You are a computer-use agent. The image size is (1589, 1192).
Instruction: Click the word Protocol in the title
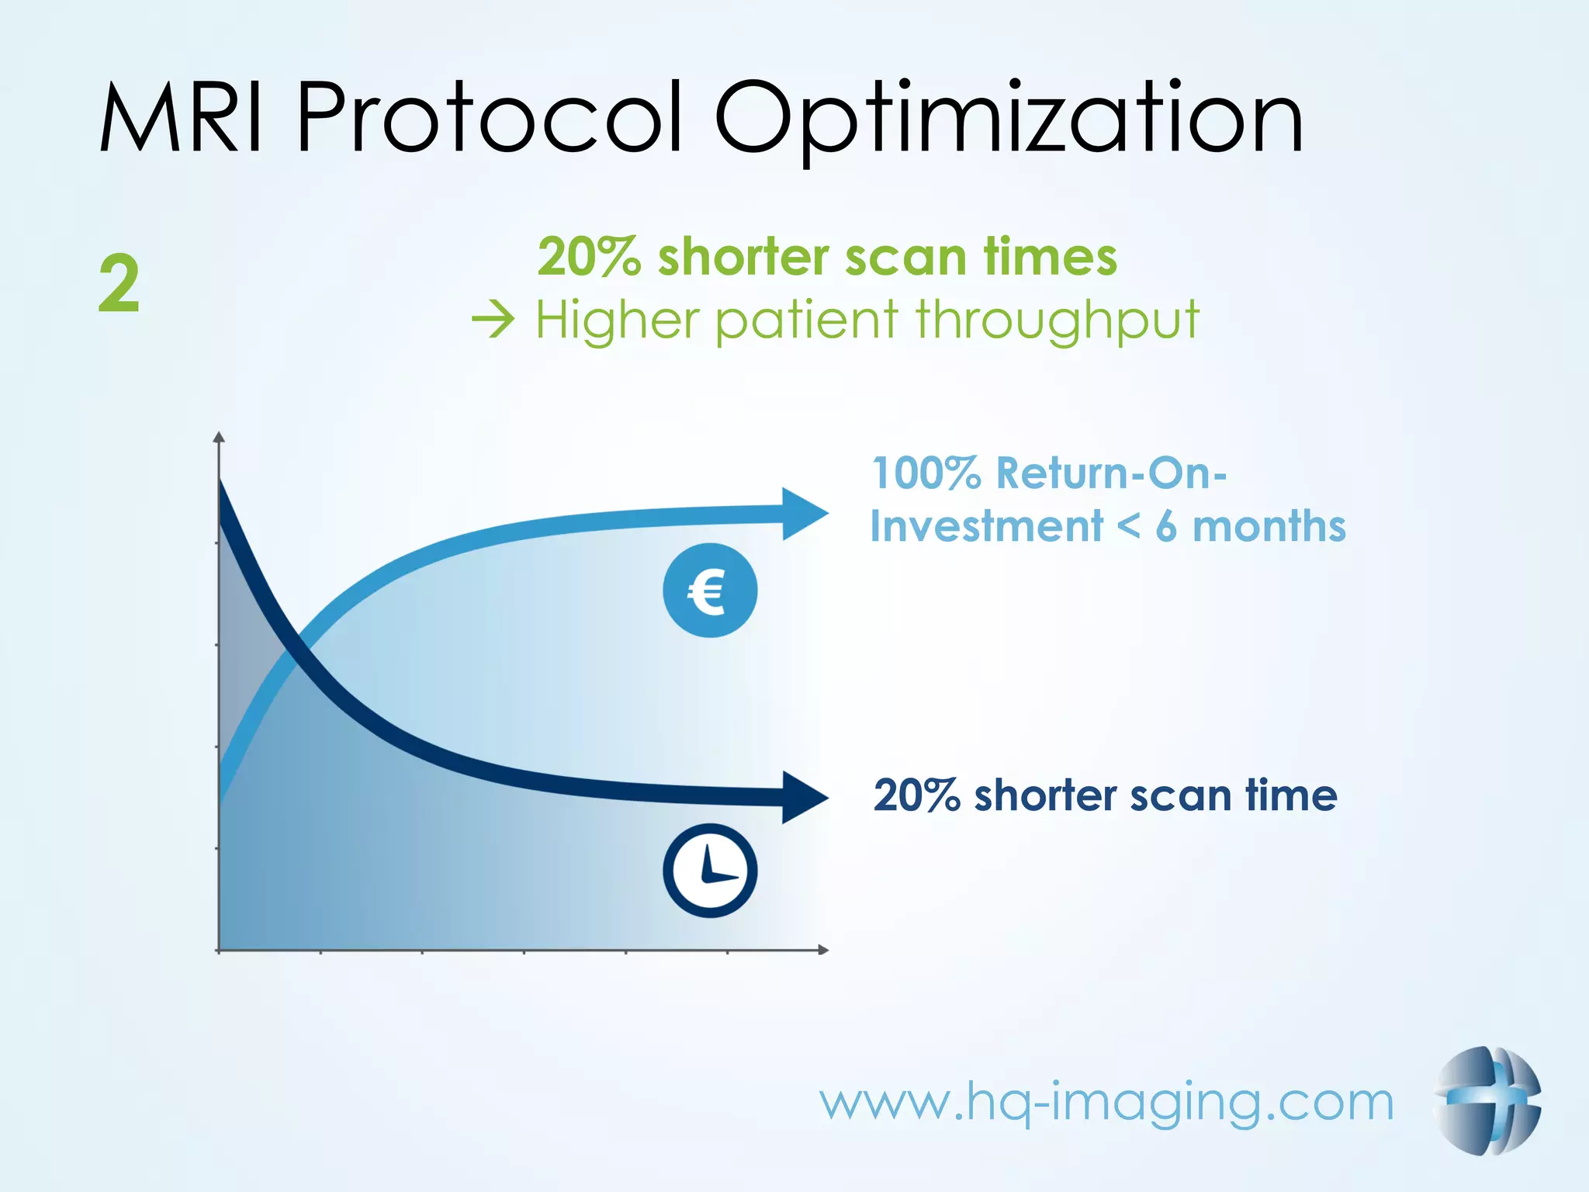(x=489, y=118)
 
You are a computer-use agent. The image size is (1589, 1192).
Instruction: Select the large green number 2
(x=119, y=285)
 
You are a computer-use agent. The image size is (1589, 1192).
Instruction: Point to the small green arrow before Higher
(x=493, y=320)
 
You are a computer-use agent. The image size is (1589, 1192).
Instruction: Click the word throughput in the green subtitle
(x=1057, y=321)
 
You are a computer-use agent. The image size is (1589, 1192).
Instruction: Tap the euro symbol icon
(x=709, y=591)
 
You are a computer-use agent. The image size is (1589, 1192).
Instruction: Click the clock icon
(x=709, y=870)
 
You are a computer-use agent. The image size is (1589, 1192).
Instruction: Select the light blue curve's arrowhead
(x=804, y=514)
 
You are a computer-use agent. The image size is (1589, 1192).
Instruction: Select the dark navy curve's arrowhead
(x=804, y=797)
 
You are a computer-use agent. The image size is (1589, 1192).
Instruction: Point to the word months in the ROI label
(x=1269, y=527)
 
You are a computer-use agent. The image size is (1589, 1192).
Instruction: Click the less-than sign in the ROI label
(x=1129, y=527)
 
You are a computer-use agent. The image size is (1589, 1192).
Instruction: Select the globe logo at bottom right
(x=1487, y=1100)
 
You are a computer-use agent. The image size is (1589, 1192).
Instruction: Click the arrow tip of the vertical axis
(x=219, y=437)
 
